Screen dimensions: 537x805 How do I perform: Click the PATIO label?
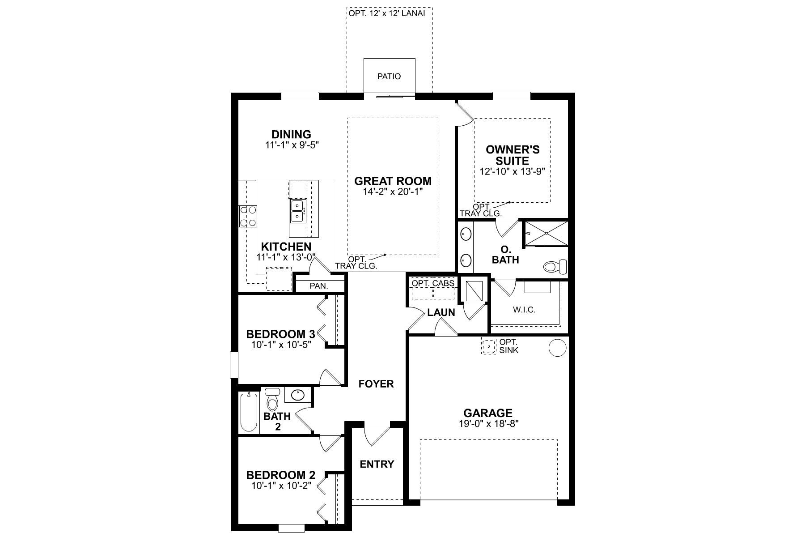coord(389,77)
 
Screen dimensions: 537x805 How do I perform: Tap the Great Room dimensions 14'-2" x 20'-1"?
coord(393,192)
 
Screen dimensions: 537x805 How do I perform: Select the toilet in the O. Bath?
coord(555,267)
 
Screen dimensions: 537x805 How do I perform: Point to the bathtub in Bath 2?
coord(248,412)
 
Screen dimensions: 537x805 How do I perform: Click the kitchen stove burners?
coord(247,216)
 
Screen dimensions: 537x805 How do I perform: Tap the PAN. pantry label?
coord(319,286)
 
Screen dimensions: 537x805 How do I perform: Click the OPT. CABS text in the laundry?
coord(433,284)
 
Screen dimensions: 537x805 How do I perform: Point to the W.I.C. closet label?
coord(525,310)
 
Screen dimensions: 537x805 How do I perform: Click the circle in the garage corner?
coord(557,348)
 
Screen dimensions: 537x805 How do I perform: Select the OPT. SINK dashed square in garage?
coord(489,346)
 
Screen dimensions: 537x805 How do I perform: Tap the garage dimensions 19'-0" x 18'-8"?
coord(487,423)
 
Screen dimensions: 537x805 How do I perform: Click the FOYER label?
coord(376,384)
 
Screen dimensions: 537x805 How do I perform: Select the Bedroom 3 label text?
coord(280,334)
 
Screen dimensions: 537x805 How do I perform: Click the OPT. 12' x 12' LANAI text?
coord(386,13)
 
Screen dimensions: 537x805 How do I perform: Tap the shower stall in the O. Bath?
coord(545,233)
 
